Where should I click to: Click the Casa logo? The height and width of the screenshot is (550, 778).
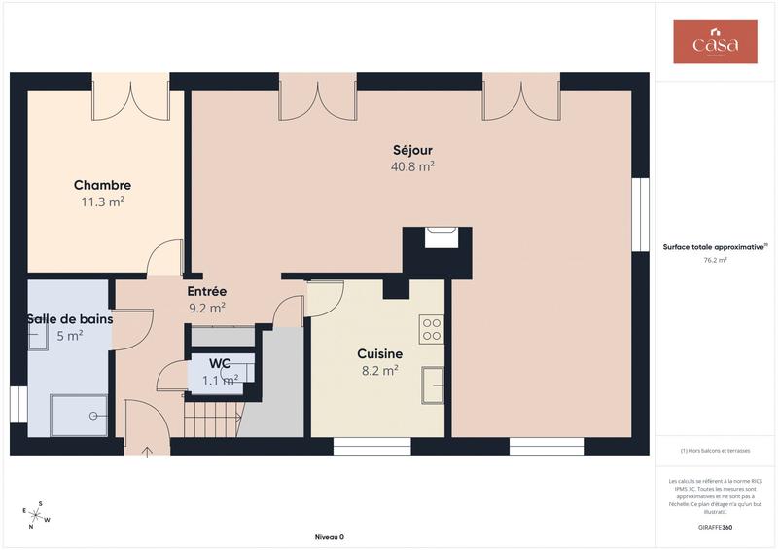715,42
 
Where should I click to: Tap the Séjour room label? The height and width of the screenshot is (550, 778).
412,150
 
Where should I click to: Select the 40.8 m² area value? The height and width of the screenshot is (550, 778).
412,166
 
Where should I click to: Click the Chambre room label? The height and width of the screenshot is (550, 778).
102,185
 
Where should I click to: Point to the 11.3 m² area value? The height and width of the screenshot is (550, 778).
102,202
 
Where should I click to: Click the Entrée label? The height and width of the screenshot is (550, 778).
206,291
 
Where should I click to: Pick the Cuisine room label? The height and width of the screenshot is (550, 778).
378,354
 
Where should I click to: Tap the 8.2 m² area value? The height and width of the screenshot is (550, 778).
378,371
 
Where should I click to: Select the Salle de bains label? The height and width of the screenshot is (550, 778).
70,319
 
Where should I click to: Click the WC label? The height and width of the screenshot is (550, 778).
220,364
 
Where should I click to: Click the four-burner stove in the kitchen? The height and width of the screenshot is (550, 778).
432,329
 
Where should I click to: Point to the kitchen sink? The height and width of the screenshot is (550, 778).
432,384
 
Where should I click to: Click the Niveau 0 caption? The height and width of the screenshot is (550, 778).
329,537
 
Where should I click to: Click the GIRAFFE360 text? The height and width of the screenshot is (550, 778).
715,527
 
